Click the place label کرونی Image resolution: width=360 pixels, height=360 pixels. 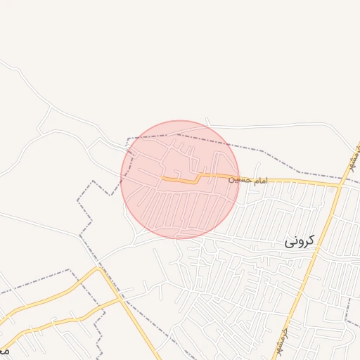[301, 241]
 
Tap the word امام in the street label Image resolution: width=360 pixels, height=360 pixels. [258, 181]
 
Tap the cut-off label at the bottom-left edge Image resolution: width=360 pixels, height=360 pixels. [4, 349]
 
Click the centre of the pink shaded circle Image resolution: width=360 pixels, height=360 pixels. [180, 179]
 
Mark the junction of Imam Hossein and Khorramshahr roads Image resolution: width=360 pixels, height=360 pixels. [340, 186]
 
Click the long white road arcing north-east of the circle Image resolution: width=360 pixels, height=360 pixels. [281, 125]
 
